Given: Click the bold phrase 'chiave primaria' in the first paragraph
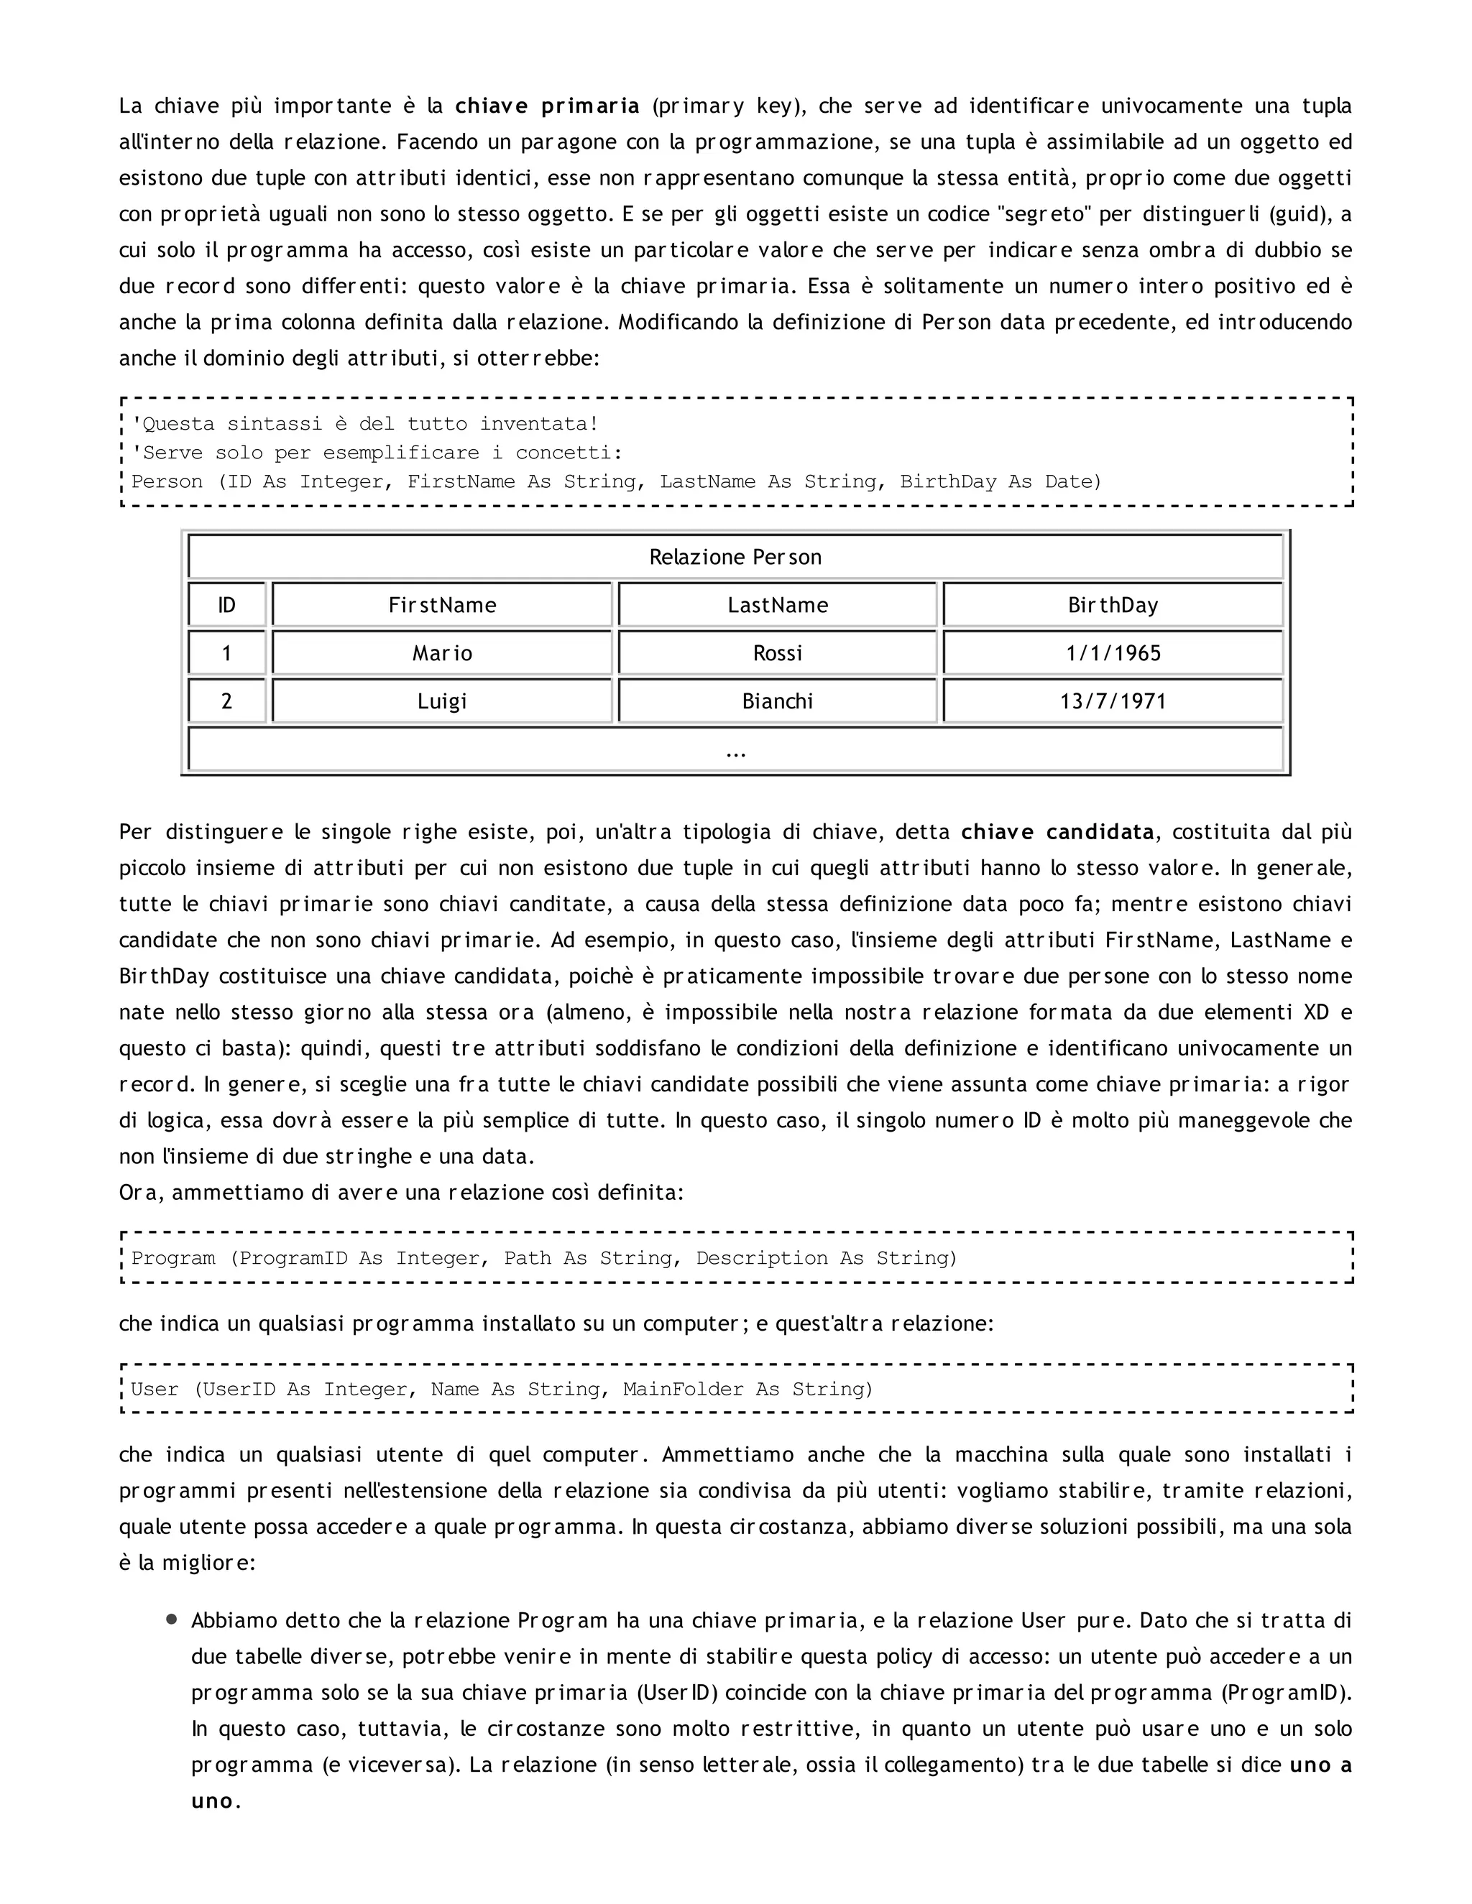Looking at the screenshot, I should pos(547,106).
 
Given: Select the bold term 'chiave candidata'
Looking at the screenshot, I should pos(1057,832).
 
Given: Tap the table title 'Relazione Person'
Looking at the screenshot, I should pos(735,557).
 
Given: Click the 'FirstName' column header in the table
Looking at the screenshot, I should pos(442,605).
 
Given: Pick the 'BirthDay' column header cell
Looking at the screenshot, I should pos(1113,605).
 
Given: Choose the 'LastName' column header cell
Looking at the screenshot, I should pos(778,605).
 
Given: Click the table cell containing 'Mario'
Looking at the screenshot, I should pos(442,653).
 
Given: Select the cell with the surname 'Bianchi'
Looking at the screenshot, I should pos(778,701).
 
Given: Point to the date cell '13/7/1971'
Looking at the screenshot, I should pos(1113,701).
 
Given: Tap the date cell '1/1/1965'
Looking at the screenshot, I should pos(1113,653).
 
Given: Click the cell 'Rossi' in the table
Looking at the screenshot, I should pos(778,653).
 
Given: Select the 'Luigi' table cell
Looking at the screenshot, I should pos(442,701).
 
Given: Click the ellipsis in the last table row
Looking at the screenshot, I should pos(735,751).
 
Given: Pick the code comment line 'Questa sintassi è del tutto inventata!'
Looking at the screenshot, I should pos(364,424).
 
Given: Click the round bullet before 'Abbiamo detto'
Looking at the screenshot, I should pos(172,1619).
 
